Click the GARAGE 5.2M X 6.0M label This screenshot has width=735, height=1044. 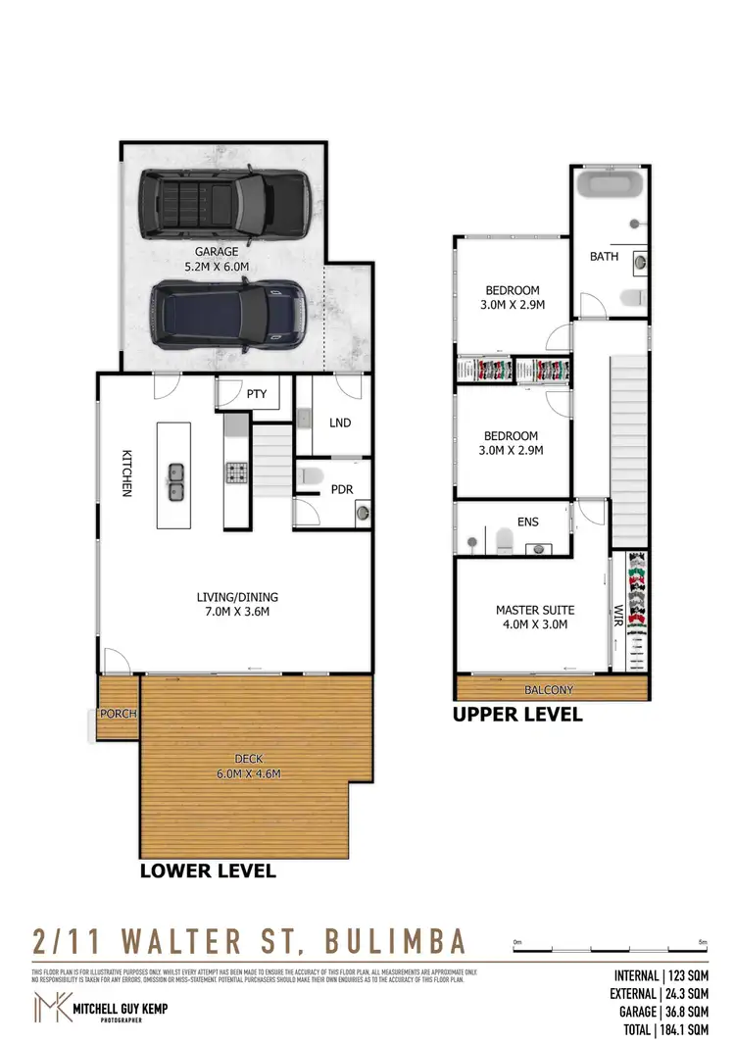(216, 258)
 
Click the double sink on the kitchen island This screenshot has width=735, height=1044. (175, 480)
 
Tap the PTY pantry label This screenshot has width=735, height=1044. (257, 394)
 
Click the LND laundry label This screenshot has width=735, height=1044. (340, 423)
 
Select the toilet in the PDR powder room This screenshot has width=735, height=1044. (312, 476)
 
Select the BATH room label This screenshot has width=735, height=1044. (604, 256)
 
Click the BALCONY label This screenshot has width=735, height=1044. (549, 690)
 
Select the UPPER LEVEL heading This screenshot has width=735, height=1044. (516, 715)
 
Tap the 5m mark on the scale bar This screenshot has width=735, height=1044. (702, 942)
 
